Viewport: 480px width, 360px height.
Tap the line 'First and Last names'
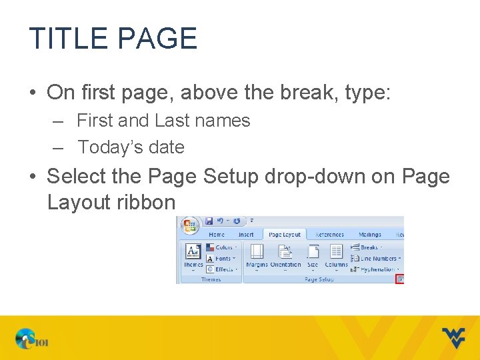coord(163,121)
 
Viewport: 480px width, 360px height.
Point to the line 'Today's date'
coord(131,147)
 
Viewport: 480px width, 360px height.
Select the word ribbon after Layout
coord(145,202)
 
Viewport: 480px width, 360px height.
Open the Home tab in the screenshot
coord(217,235)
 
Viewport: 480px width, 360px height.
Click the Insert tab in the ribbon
coord(246,235)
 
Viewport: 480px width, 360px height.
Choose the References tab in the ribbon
coord(329,235)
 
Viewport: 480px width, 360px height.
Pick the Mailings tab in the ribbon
coord(369,235)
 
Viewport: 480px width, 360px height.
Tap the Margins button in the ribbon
coord(257,256)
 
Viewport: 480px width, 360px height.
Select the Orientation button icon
coord(285,256)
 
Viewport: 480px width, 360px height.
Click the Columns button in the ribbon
coord(336,256)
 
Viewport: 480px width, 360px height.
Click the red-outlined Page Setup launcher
coord(400,279)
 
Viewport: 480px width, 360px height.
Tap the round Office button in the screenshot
coord(191,225)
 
